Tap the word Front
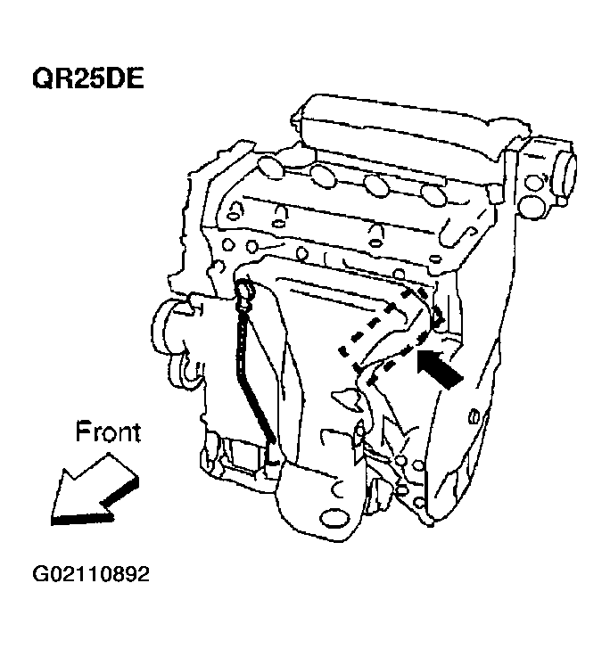click(107, 432)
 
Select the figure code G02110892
click(91, 574)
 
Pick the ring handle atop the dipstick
click(246, 291)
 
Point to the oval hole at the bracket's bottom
click(334, 517)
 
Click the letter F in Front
click(82, 432)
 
